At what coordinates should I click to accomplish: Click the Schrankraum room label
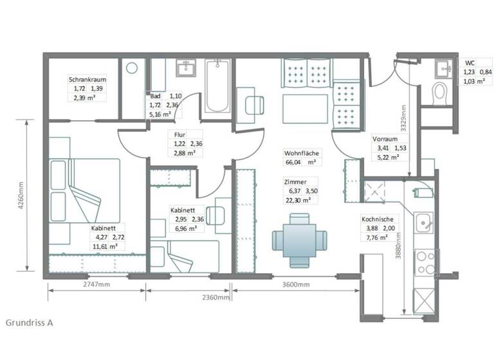click(88, 80)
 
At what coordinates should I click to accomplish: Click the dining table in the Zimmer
click(295, 239)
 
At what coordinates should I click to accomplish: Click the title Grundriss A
click(30, 322)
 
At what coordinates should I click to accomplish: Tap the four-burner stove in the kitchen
click(425, 262)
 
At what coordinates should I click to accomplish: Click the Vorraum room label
click(384, 139)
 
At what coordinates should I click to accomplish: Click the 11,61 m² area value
click(104, 246)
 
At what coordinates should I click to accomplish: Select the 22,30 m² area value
click(297, 200)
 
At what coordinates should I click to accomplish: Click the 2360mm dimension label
click(215, 298)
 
